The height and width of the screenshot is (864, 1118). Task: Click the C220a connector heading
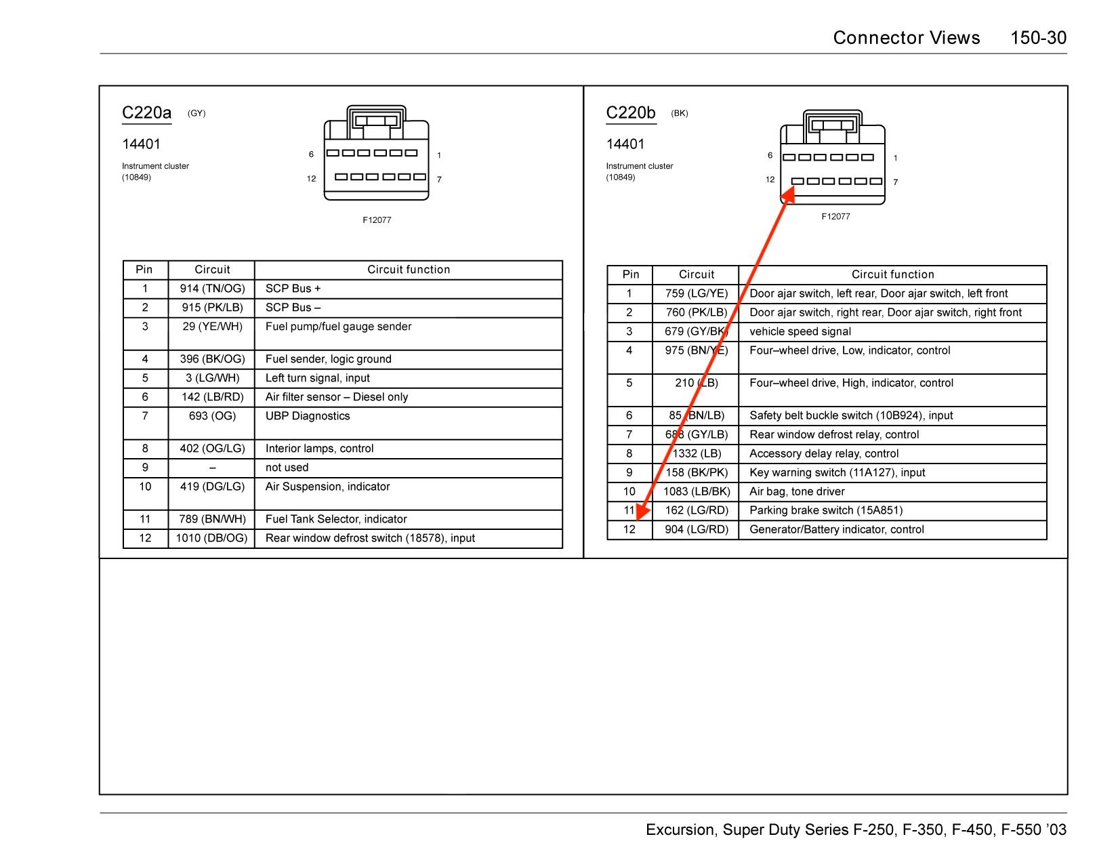pos(146,112)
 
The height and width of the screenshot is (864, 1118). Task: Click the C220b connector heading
pos(631,112)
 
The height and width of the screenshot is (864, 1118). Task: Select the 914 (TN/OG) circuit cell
pos(212,289)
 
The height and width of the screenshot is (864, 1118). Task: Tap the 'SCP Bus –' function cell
pos(293,308)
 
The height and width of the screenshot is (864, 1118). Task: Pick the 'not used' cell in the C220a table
pos(287,468)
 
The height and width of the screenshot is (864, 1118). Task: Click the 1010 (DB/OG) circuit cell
pos(212,538)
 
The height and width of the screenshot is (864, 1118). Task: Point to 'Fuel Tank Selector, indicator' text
pos(336,519)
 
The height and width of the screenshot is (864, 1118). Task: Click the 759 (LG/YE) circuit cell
pos(697,293)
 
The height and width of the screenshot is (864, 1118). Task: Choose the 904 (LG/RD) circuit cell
pos(697,529)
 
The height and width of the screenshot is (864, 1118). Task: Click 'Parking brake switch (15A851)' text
pos(826,510)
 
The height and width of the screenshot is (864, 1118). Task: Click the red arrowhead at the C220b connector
pos(787,195)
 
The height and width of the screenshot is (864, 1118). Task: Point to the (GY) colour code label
pos(196,113)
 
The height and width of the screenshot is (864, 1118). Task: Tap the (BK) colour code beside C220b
pos(680,113)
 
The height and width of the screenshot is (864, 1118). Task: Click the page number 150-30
pos(1038,38)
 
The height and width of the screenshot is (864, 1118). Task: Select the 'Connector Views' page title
pos(906,38)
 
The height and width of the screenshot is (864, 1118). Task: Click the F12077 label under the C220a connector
pos(377,220)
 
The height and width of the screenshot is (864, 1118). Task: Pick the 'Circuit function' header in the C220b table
pos(892,274)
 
